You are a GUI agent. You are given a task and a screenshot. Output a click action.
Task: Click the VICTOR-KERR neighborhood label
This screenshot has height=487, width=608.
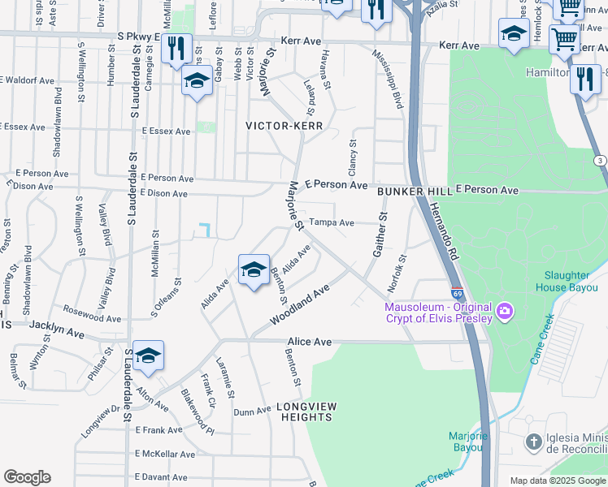(x=284, y=127)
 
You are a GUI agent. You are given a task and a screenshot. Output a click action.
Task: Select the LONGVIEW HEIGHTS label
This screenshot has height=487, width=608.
(x=305, y=411)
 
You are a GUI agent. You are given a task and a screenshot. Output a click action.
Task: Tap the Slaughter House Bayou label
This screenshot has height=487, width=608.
(x=568, y=281)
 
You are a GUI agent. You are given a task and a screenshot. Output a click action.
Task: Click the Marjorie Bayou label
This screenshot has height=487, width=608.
(x=469, y=442)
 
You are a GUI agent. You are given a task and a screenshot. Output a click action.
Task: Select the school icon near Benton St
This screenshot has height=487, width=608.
(x=254, y=269)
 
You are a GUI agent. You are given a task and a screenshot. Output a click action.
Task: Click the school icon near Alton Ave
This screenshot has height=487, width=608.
(x=149, y=356)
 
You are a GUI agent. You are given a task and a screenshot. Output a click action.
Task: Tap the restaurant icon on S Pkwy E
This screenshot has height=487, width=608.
(x=176, y=48)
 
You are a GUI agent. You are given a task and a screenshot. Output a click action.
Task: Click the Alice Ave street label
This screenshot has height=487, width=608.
(x=310, y=343)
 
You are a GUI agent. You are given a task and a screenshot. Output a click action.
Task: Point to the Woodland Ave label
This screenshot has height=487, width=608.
(x=300, y=304)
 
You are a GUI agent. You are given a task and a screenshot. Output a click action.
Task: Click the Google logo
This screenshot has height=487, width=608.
(x=27, y=477)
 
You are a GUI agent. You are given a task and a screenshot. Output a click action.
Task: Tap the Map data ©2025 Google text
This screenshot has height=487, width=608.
(x=557, y=481)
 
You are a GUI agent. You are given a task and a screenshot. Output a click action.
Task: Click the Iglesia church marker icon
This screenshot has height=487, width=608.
(x=534, y=442)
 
